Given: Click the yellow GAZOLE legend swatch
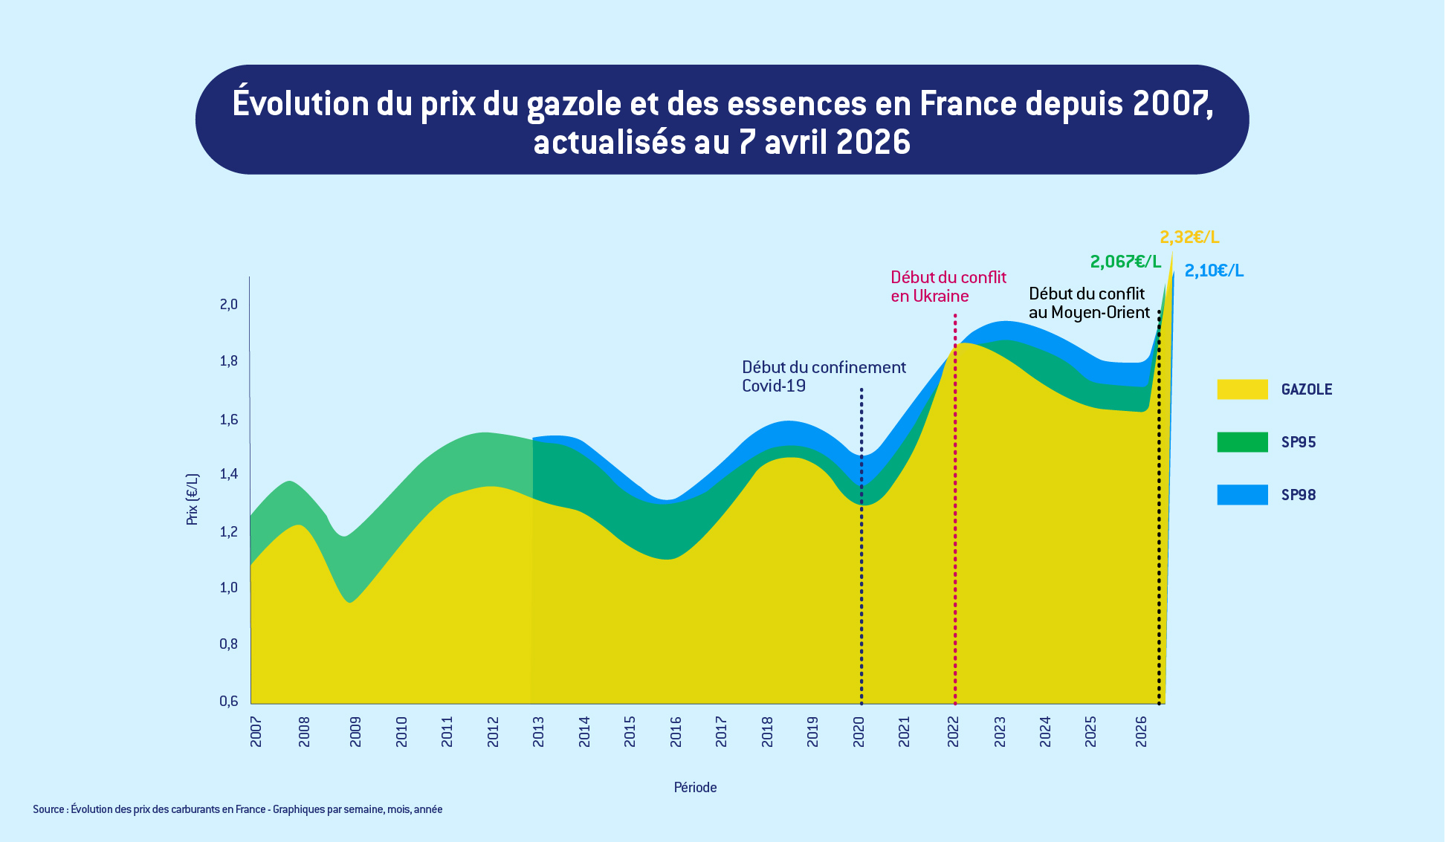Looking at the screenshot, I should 1241,389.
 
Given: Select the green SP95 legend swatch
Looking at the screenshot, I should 1241,441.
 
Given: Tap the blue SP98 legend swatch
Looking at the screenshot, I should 1241,494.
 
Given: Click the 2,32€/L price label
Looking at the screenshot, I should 1189,237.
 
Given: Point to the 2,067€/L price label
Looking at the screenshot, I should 1125,262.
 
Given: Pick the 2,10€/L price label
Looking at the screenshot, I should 1213,271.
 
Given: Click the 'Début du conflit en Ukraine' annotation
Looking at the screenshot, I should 948,287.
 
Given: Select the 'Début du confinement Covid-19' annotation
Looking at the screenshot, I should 824,376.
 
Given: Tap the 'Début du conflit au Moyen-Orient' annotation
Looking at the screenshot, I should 1089,303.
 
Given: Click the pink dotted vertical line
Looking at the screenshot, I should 955,520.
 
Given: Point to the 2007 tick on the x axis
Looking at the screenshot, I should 256,731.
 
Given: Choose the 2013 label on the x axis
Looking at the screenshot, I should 538,731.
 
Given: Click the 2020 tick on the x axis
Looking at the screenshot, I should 859,731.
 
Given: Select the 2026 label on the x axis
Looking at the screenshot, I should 1142,731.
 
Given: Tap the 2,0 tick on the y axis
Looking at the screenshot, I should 228,304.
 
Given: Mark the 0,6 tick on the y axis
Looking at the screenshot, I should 228,701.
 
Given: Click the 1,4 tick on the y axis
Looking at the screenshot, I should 228,474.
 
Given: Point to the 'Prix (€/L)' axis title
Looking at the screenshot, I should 193,499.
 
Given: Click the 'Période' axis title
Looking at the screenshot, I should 695,788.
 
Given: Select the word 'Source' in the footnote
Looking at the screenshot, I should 48,809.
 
